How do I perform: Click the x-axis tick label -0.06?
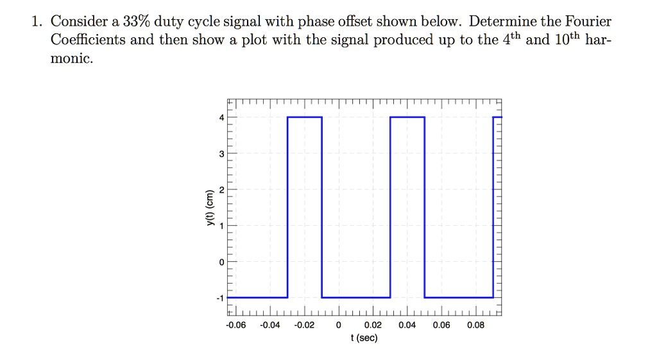[236, 325]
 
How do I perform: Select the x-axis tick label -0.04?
[270, 325]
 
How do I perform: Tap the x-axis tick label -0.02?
[304, 325]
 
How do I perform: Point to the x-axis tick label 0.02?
[373, 325]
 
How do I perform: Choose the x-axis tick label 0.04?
[407, 325]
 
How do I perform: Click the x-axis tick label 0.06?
[441, 325]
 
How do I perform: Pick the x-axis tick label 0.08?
[475, 325]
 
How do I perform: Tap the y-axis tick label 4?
[221, 117]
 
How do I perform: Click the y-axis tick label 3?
[221, 154]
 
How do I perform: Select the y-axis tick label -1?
[220, 298]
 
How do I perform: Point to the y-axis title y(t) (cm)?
[208, 208]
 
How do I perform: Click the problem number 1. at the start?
[37, 21]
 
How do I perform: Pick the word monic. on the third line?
[72, 59]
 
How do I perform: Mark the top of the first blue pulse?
[304, 117]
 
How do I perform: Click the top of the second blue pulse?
[407, 117]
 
